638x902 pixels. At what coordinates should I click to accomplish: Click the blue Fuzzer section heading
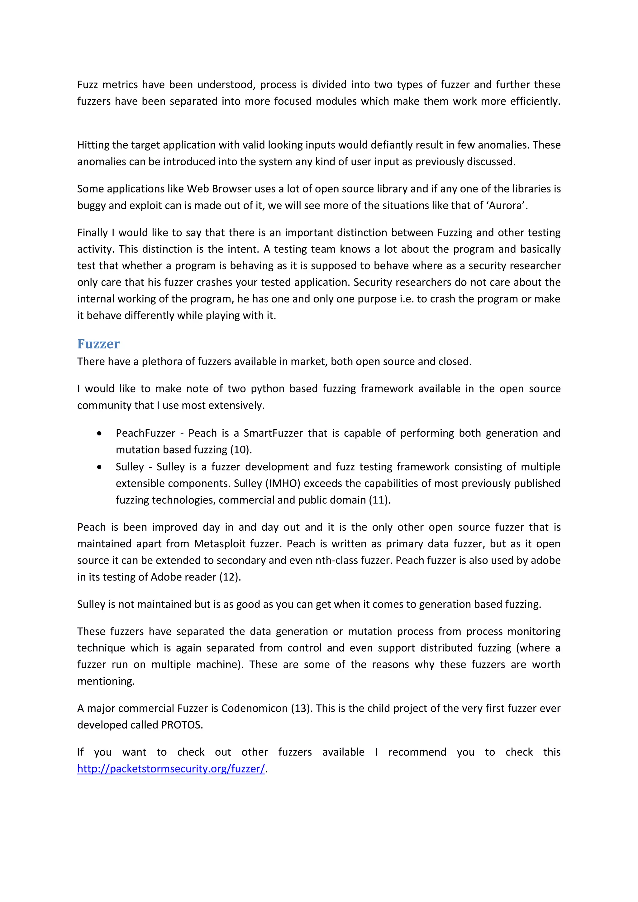[99, 344]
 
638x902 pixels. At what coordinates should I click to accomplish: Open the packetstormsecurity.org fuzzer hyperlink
[171, 768]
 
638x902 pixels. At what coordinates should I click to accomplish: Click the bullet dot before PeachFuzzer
[99, 433]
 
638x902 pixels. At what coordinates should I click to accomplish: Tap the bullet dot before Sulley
[99, 467]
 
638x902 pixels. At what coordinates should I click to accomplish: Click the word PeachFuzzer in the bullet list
[145, 433]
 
